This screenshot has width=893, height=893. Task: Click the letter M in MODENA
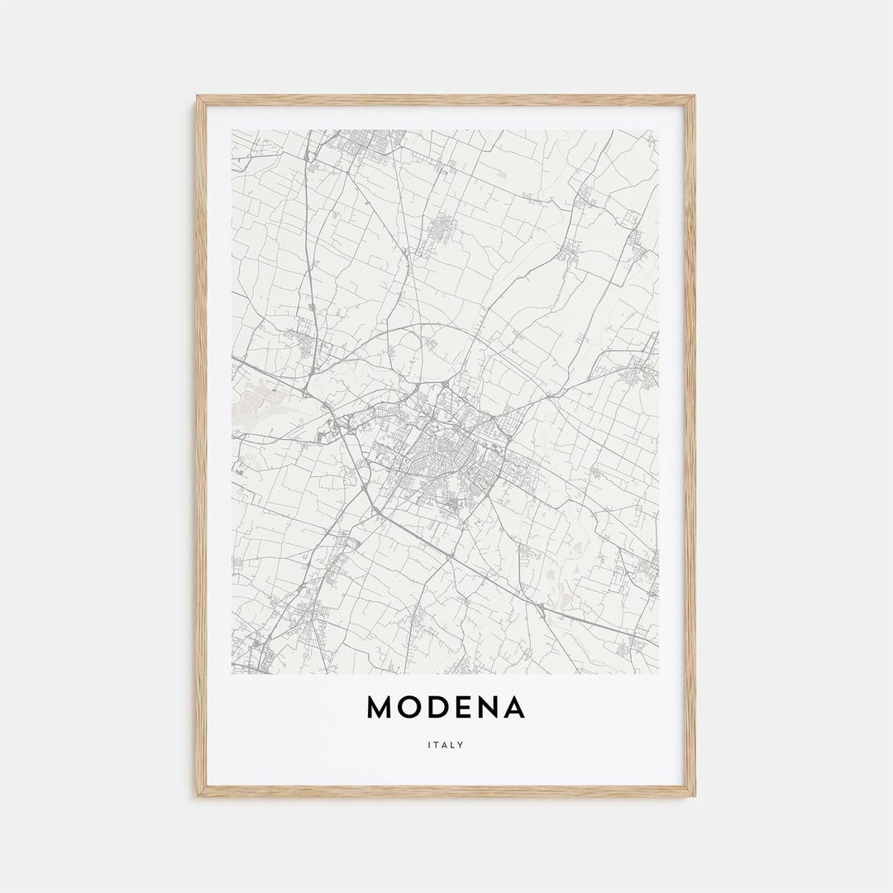(x=381, y=707)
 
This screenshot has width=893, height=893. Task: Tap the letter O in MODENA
(x=413, y=707)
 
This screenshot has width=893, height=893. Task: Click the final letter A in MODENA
(x=514, y=707)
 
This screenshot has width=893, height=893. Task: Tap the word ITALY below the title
(x=446, y=745)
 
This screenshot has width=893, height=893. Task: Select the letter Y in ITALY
(x=461, y=745)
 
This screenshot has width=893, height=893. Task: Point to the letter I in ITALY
(x=429, y=745)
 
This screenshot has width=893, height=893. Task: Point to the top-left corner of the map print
(x=232, y=130)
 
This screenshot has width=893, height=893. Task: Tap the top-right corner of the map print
(x=659, y=130)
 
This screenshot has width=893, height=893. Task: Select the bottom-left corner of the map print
(x=232, y=673)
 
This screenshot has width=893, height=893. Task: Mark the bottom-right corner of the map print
(x=659, y=673)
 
